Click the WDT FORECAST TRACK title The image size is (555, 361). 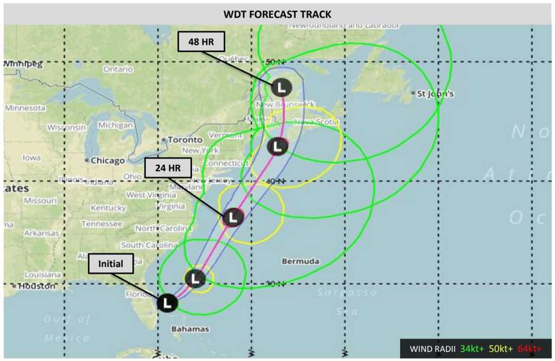pos(277,14)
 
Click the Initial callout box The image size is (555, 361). pos(111,264)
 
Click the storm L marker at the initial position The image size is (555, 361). pos(167,303)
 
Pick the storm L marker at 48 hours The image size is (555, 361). pos(282,87)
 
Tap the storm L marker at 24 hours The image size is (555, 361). pos(233,217)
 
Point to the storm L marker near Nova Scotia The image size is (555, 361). pos(277,146)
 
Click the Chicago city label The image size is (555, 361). pos(107,160)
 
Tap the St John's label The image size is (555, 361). pos(436,93)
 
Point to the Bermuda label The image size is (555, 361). pos(301,261)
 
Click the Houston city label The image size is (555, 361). pos(36,287)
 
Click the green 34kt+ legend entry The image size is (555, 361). pos(472,349)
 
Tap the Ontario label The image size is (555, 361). pos(118,70)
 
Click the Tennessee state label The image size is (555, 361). pos(102,224)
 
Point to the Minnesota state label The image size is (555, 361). pos(25,108)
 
